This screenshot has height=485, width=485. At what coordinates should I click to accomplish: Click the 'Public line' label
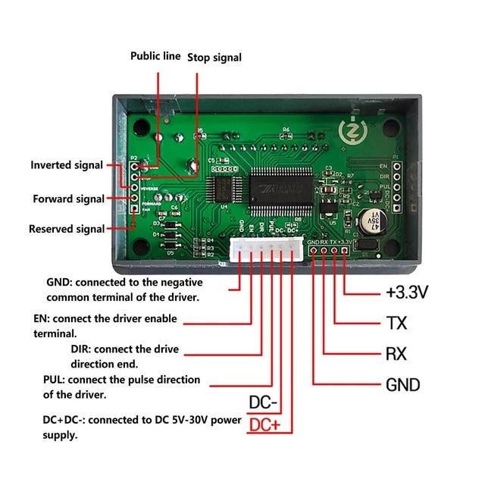tap(155, 56)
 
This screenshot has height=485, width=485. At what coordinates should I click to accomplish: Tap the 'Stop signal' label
tap(214, 57)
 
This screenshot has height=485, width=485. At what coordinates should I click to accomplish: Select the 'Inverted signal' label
tap(67, 165)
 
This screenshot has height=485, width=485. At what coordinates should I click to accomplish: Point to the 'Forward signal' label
tap(68, 199)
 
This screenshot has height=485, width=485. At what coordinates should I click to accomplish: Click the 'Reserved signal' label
tap(66, 229)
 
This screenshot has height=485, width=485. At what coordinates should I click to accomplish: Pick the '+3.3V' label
tap(407, 292)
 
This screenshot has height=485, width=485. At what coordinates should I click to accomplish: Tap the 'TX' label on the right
tap(396, 324)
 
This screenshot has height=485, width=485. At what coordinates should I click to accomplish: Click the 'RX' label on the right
tap(396, 354)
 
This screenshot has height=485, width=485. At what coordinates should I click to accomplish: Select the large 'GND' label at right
tap(403, 385)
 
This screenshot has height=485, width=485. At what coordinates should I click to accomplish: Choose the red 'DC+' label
tap(264, 425)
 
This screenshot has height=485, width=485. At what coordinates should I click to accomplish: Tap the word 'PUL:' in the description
tap(58, 380)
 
